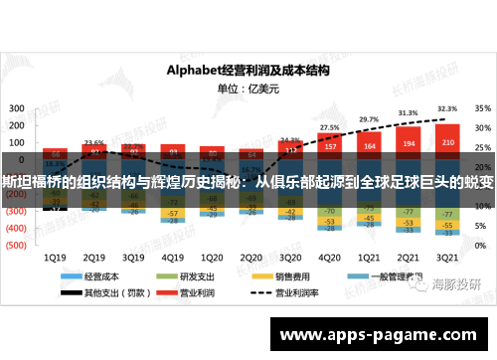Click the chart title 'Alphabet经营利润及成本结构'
(248, 70)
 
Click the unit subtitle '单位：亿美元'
(248, 88)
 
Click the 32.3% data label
(446, 109)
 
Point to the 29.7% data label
(369, 119)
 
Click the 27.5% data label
(329, 127)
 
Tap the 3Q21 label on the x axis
(446, 254)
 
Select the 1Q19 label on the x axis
(57, 254)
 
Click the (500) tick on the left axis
(17, 243)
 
